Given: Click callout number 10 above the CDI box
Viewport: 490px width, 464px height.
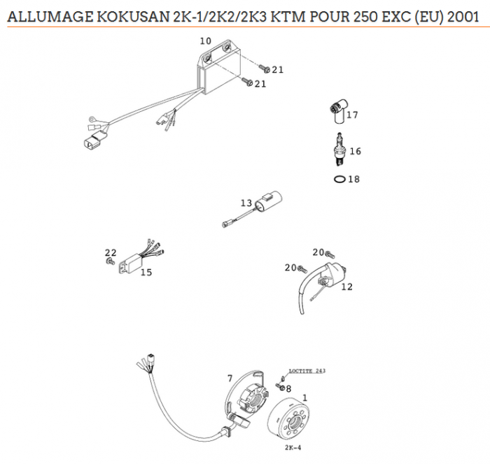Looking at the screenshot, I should [x=205, y=41].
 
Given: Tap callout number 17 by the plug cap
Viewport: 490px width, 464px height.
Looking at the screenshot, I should [x=352, y=115].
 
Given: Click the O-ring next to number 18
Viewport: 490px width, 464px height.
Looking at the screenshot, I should [x=339, y=179].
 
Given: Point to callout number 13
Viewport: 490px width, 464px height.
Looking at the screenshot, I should [x=246, y=203].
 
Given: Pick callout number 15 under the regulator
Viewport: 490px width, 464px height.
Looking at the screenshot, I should [x=146, y=273].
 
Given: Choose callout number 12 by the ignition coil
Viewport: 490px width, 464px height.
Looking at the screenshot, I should [x=346, y=287].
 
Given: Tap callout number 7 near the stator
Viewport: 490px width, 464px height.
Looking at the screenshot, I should [x=230, y=378].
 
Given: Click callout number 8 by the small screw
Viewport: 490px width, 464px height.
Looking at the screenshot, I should [x=288, y=389].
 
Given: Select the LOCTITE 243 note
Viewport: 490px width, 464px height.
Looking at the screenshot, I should [x=307, y=370].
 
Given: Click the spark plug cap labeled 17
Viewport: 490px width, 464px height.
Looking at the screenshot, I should [x=337, y=110].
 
